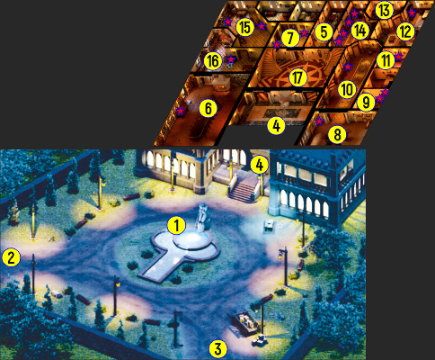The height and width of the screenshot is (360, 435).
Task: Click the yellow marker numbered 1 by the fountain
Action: click(x=177, y=226)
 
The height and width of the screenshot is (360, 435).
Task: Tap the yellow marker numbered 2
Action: click(x=11, y=258)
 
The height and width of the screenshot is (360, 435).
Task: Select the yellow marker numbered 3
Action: click(x=217, y=349)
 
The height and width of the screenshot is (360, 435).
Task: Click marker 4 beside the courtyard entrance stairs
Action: click(x=260, y=166)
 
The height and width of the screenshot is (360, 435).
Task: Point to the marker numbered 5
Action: click(x=324, y=32)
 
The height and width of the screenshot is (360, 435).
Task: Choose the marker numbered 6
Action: click(x=209, y=109)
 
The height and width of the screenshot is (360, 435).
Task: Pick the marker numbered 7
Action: click(x=289, y=39)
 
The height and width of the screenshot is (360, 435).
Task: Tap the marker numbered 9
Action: click(x=366, y=103)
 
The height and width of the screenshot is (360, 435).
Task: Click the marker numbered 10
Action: click(x=347, y=90)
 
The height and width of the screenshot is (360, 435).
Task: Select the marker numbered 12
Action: click(x=405, y=31)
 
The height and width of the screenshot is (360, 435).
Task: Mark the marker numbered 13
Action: click(x=384, y=11)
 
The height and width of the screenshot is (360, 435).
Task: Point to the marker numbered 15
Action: click(x=245, y=28)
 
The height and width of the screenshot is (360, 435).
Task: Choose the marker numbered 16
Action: click(x=213, y=61)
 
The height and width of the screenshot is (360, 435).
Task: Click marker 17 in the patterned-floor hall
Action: click(x=297, y=78)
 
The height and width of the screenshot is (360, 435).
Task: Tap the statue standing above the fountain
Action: click(x=203, y=217)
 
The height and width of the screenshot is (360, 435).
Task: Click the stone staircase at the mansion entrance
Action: click(x=243, y=191)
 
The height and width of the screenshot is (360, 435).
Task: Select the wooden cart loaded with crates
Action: click(x=243, y=323)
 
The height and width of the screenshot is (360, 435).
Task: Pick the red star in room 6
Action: click(x=180, y=111)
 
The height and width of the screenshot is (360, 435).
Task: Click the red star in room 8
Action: click(x=320, y=121)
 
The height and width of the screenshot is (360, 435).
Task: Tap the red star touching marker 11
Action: click(x=398, y=57)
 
